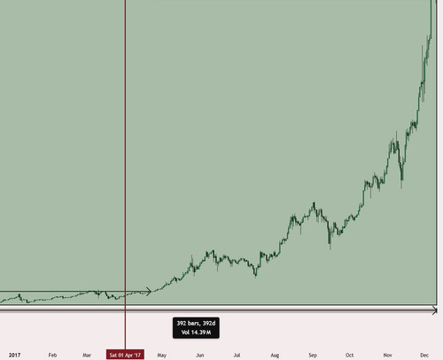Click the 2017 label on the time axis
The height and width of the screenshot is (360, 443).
click(14, 355)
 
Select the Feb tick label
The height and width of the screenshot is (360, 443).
click(52, 355)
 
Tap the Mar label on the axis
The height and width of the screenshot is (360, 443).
click(87, 355)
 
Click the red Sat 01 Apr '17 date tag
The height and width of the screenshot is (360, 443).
click(125, 355)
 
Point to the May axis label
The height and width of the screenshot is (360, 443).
click(162, 355)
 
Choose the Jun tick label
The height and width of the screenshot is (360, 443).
click(200, 355)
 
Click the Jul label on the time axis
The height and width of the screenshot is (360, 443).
click(237, 355)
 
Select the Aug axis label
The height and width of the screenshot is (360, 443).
click(275, 355)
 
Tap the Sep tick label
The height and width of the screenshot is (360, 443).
click(313, 355)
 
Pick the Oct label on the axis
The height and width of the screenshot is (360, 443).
click(349, 355)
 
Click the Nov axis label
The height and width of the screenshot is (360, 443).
click(387, 355)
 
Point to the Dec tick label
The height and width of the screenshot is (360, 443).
click(424, 355)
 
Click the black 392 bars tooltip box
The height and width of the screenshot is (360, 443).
click(196, 328)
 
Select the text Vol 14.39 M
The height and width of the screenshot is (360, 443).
click(196, 333)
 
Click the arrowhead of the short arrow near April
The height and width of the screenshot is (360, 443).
click(149, 292)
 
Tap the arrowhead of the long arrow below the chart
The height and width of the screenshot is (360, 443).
click(435, 310)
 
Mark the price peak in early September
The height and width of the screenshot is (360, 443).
click(314, 203)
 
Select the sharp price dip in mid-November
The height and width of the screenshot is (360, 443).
click(401, 184)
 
